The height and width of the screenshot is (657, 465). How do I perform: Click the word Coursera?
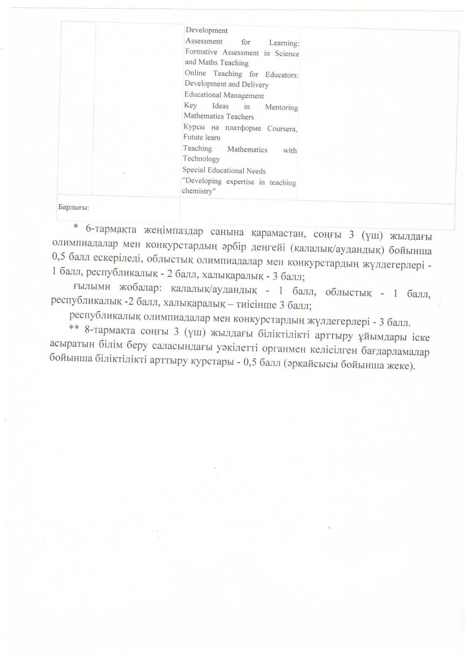(282, 129)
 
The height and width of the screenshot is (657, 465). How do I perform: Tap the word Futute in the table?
(193, 137)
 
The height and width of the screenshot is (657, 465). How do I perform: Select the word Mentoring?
(281, 107)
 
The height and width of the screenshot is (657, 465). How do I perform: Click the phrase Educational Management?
(224, 95)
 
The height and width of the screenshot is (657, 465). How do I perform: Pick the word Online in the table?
(195, 73)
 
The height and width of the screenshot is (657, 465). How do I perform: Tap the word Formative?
(201, 52)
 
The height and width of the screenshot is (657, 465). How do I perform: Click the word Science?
(287, 54)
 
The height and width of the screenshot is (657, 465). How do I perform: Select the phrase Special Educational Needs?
(224, 170)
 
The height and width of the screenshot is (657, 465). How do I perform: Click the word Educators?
(282, 75)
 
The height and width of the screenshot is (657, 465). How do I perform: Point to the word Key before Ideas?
(190, 105)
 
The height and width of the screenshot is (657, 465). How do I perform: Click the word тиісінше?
(256, 305)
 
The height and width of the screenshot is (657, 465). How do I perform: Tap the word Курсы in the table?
(194, 127)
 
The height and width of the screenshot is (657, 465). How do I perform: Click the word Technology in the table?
(201, 159)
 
